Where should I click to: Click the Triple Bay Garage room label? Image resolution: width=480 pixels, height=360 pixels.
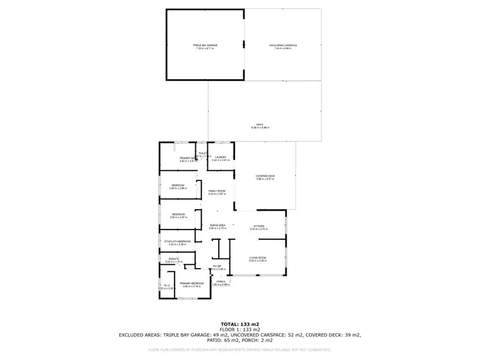pyautogui.click(x=205, y=45)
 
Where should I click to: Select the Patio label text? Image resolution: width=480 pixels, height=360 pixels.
pyautogui.click(x=260, y=125)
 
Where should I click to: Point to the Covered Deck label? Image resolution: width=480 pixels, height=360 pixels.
pyautogui.click(x=265, y=176)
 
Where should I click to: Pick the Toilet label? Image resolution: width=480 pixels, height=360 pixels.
pyautogui.click(x=203, y=153)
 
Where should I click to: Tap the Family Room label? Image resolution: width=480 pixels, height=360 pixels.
pyautogui.click(x=217, y=191)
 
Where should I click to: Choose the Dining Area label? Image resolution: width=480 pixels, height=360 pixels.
pyautogui.click(x=218, y=226)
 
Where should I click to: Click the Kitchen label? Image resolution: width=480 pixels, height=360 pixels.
pyautogui.click(x=259, y=226)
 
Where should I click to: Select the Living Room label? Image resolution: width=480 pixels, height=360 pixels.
pyautogui.click(x=257, y=258)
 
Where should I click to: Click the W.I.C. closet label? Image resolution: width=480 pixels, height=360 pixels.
pyautogui.click(x=166, y=286)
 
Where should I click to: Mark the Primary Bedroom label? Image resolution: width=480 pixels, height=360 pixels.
pyautogui.click(x=191, y=283)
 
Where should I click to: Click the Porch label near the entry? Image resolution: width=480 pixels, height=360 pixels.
pyautogui.click(x=220, y=281)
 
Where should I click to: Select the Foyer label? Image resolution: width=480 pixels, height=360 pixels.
pyautogui.click(x=217, y=266)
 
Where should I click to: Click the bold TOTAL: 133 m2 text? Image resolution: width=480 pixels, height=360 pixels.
pyautogui.click(x=239, y=324)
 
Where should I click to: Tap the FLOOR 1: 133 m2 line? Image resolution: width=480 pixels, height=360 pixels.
pyautogui.click(x=239, y=329)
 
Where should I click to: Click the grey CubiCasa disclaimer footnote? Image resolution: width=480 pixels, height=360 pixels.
pyautogui.click(x=239, y=350)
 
